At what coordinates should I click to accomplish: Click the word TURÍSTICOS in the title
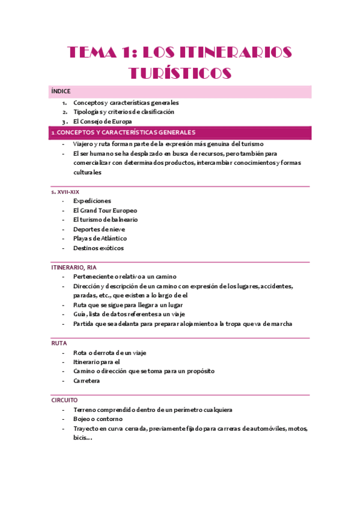pos(180,73)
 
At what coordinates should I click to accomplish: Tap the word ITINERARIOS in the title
pos(228,52)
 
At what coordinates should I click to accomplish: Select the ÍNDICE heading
pos(61,91)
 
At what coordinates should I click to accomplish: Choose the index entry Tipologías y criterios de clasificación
pos(123,112)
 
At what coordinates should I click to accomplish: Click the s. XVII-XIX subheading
pos(65,191)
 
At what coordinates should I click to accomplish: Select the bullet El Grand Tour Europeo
pos(105,210)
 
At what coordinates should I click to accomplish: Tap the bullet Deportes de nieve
pos(99,229)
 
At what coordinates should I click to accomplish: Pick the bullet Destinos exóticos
pos(99,248)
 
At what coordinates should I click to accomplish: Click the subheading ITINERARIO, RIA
pos(73,267)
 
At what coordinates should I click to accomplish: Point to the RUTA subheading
pos(59,343)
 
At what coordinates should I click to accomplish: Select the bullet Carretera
pos(87,381)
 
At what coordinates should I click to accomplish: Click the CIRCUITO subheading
pos(64,400)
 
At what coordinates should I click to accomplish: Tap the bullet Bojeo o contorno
pos(97,419)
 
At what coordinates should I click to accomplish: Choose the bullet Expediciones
pos(92,201)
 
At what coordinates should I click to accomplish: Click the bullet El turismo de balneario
pos(105,220)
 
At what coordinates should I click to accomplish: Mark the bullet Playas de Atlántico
pos(100,238)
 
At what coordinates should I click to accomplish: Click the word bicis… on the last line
pos(82,437)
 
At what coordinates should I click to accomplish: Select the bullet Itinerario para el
pos(96,362)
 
